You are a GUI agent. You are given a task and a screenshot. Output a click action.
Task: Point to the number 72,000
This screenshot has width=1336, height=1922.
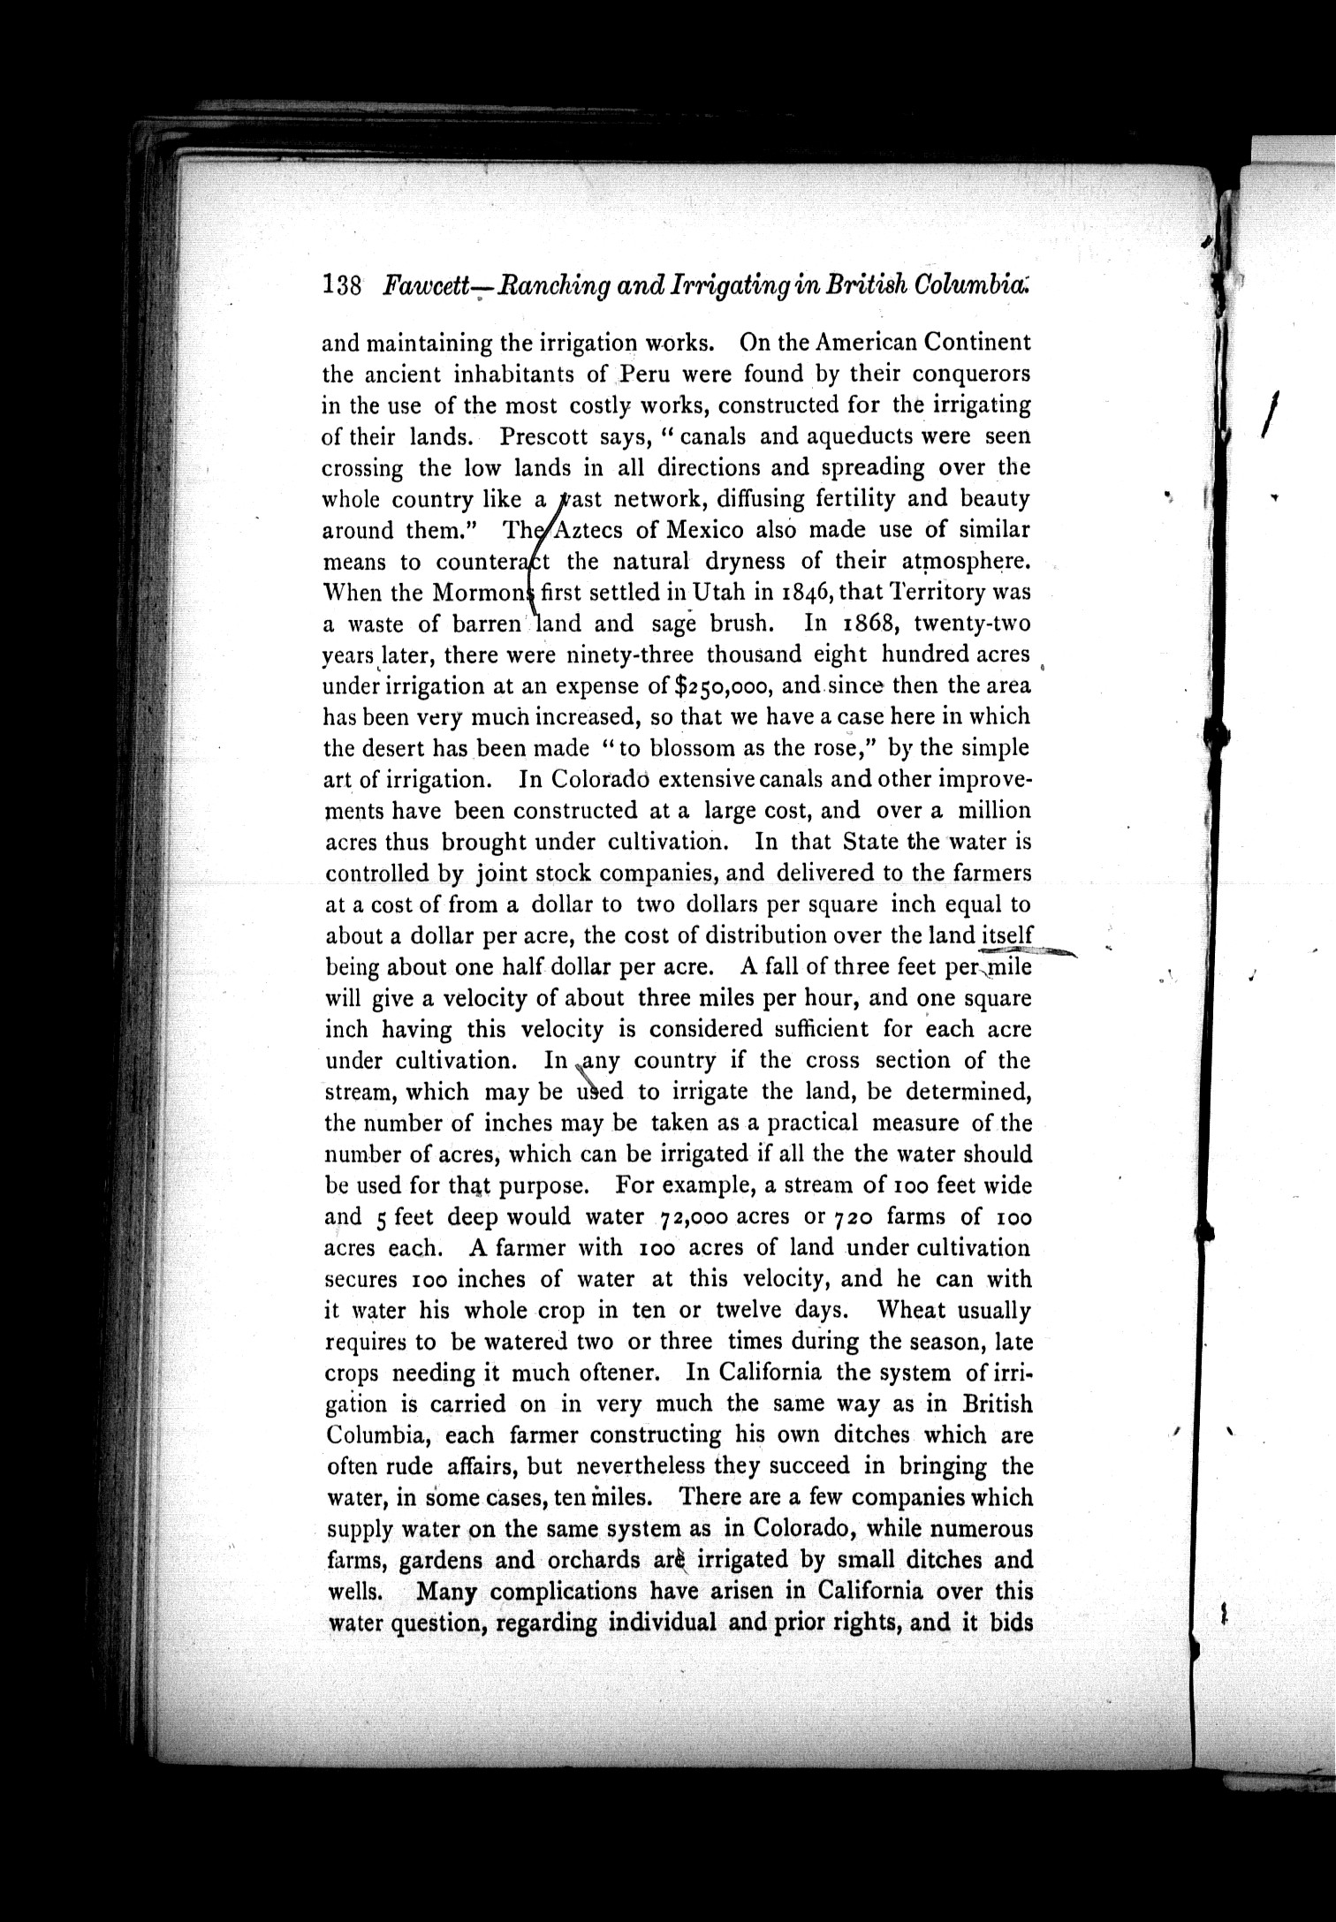(695, 1218)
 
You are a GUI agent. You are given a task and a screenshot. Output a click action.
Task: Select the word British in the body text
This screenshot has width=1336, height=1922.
(997, 1404)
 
